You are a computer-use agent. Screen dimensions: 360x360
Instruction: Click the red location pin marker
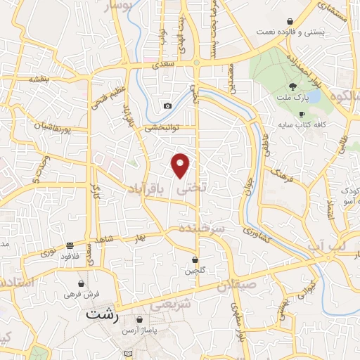[x=181, y=165]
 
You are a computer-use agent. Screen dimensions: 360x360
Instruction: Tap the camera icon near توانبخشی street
[x=167, y=106]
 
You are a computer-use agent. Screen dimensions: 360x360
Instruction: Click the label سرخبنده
[x=200, y=229]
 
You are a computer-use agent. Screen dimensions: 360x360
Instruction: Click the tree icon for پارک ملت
[x=291, y=87]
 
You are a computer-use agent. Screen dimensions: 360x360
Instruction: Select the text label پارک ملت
[x=291, y=98]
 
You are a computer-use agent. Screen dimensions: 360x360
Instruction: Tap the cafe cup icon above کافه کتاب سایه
[x=302, y=114]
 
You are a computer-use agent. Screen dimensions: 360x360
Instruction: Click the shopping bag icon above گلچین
[x=195, y=259]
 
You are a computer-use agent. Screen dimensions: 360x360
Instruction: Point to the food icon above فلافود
[x=70, y=246]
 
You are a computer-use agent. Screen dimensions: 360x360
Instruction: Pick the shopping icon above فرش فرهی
[x=82, y=283]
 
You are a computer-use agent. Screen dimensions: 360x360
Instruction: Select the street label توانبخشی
[x=163, y=129]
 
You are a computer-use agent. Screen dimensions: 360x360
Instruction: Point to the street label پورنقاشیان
[x=51, y=127]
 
